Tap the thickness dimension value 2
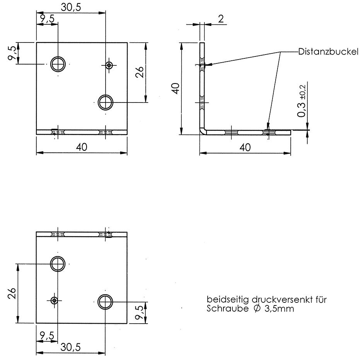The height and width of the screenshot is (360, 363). [x=220, y=19]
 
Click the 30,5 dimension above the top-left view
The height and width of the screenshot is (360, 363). [x=71, y=7]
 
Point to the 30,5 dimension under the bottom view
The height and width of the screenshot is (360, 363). [x=71, y=347]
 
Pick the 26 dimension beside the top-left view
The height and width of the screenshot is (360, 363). [x=140, y=72]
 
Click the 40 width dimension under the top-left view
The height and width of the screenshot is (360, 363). [x=82, y=147]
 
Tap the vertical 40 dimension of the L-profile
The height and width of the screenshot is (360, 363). [x=175, y=88]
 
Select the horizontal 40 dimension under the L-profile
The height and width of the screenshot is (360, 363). [x=245, y=147]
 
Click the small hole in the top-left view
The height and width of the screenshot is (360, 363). [x=109, y=65]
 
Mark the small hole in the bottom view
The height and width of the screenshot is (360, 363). [x=54, y=300]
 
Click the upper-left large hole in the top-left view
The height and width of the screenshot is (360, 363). [x=58, y=64]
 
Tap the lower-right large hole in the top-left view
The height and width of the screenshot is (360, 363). [x=105, y=102]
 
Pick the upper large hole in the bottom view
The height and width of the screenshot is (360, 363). [x=58, y=264]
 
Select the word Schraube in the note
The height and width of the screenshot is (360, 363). [x=223, y=308]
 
